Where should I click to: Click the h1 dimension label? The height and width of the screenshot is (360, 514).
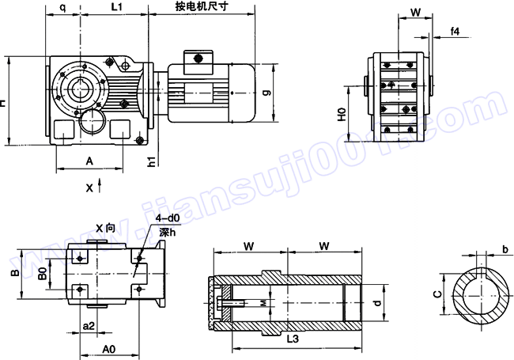pos(150,162)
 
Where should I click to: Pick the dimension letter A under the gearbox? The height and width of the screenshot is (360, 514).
pos(89,161)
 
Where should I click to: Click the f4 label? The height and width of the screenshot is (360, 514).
pos(455,31)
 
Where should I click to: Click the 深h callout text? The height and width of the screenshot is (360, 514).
pos(166,232)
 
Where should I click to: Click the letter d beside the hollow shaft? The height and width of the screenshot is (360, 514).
pos(379,301)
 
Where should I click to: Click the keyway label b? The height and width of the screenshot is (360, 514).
pos(505,250)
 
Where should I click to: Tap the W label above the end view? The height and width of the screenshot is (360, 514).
pos(415,13)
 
